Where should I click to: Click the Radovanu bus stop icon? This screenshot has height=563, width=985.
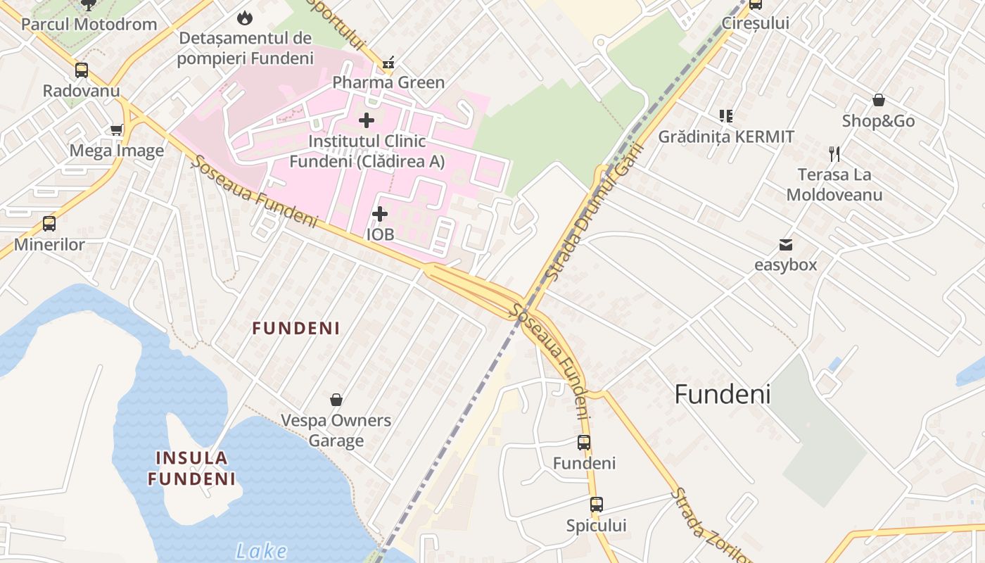(x=82, y=70)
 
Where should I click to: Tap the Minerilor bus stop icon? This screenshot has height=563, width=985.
(x=49, y=224)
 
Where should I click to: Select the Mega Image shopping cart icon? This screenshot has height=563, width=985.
(x=117, y=129)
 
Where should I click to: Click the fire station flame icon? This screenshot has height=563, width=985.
(x=245, y=17)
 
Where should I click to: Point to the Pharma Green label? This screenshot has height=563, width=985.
(x=388, y=82)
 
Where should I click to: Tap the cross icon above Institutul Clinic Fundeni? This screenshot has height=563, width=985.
(x=367, y=120)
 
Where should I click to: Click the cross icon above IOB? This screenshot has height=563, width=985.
(x=380, y=213)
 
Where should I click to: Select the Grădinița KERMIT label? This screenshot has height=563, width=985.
(x=726, y=137)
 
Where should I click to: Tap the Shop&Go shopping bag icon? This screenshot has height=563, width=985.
(x=879, y=100)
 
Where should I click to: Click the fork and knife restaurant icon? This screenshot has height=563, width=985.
(x=834, y=153)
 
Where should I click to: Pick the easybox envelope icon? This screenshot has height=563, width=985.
(x=786, y=245)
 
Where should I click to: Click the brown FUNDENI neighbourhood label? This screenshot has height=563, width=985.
(x=296, y=328)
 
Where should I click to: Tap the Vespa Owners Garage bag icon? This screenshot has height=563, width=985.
(x=336, y=400)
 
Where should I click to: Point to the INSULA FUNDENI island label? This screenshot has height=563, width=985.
(x=192, y=469)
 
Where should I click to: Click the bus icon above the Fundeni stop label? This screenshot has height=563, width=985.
(x=584, y=443)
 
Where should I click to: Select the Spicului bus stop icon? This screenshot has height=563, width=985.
(x=597, y=505)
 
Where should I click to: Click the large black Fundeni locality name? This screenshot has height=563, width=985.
(x=723, y=394)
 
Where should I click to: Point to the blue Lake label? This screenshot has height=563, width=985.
(x=262, y=550)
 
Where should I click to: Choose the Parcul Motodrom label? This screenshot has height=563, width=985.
(x=89, y=24)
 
